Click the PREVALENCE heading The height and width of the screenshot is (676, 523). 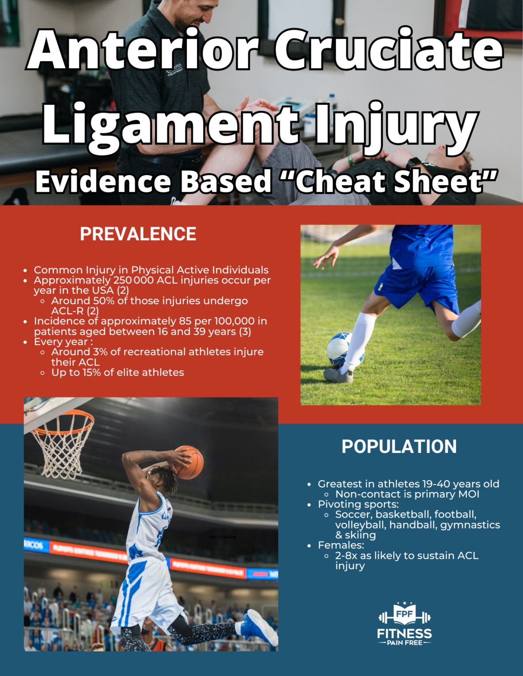(138, 234)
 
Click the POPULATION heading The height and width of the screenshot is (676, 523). (399, 447)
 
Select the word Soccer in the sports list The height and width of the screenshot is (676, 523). (352, 514)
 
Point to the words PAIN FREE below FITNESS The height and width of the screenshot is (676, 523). (404, 643)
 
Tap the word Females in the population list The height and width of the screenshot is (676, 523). (341, 545)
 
